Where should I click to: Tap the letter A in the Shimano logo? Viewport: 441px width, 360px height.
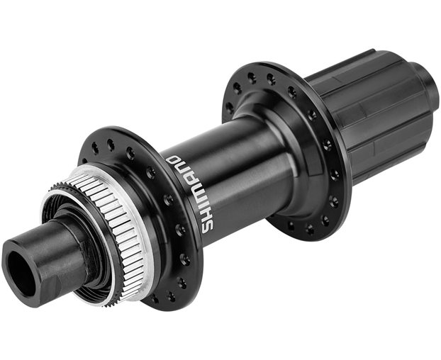coord(188,179)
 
